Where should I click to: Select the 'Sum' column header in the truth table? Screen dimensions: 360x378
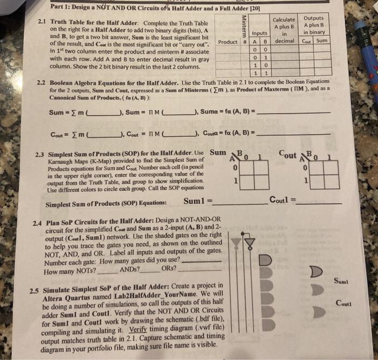(x=322, y=41)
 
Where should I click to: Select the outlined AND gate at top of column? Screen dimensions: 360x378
(x=265, y=259)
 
